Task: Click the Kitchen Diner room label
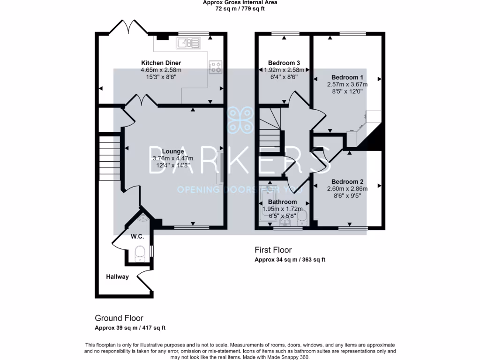coord(161,63)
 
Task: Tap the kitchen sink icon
coord(188,43)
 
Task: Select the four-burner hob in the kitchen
coord(216,67)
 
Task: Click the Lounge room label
coord(173,151)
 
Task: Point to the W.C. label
coord(137,236)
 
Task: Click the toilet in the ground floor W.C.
coord(140,254)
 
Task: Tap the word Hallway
coord(117,277)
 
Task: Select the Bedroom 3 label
coord(284,63)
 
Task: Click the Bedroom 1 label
coord(347,77)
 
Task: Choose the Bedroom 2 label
coord(347,181)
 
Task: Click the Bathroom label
coord(282,202)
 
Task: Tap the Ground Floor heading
coord(119,318)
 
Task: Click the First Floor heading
coord(273,250)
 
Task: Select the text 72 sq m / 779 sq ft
coord(240,8)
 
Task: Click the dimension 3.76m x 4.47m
coord(173,158)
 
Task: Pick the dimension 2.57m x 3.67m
coord(347,84)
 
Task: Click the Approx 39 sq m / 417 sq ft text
coord(130,328)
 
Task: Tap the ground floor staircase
coord(109,158)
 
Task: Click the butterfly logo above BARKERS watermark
coord(240,120)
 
